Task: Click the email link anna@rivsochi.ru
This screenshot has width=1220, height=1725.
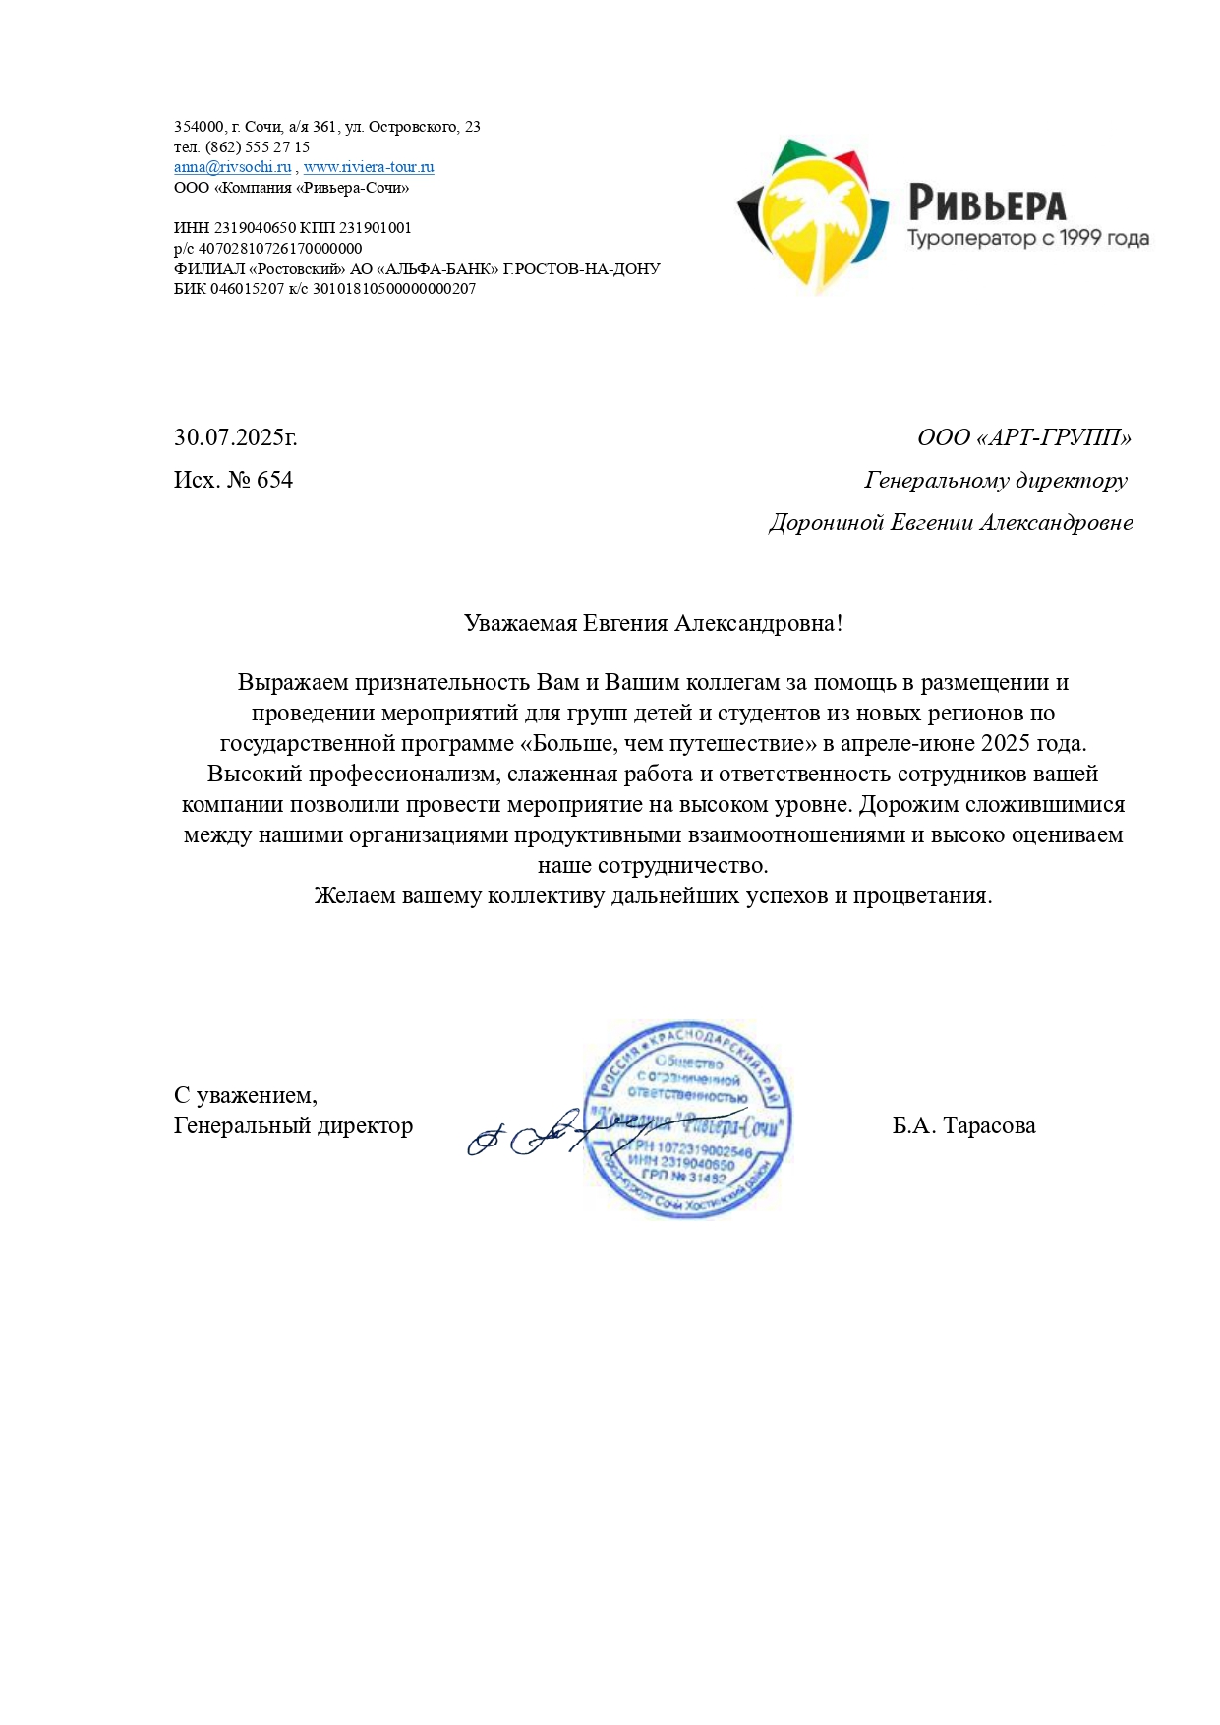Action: (x=232, y=167)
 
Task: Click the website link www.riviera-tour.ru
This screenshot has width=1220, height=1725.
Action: (x=369, y=167)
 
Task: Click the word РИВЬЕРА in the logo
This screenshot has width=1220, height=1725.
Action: (x=986, y=203)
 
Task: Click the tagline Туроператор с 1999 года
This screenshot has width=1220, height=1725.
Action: (x=1027, y=239)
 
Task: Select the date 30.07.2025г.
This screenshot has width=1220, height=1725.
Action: (x=236, y=438)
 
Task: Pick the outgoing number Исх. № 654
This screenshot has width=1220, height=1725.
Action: (x=234, y=481)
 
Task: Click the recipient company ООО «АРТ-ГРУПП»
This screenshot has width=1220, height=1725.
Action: (x=1023, y=438)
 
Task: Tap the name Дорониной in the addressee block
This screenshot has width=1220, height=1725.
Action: (x=827, y=523)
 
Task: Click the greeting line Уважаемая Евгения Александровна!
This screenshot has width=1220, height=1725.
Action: (x=653, y=624)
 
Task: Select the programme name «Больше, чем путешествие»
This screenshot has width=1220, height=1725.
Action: (x=668, y=744)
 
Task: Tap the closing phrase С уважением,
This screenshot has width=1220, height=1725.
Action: (x=246, y=1095)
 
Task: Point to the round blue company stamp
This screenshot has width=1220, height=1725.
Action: (x=688, y=1119)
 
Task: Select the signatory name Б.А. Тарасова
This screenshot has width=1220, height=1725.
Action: (x=963, y=1126)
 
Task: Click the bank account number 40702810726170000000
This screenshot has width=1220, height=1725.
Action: (x=280, y=249)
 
